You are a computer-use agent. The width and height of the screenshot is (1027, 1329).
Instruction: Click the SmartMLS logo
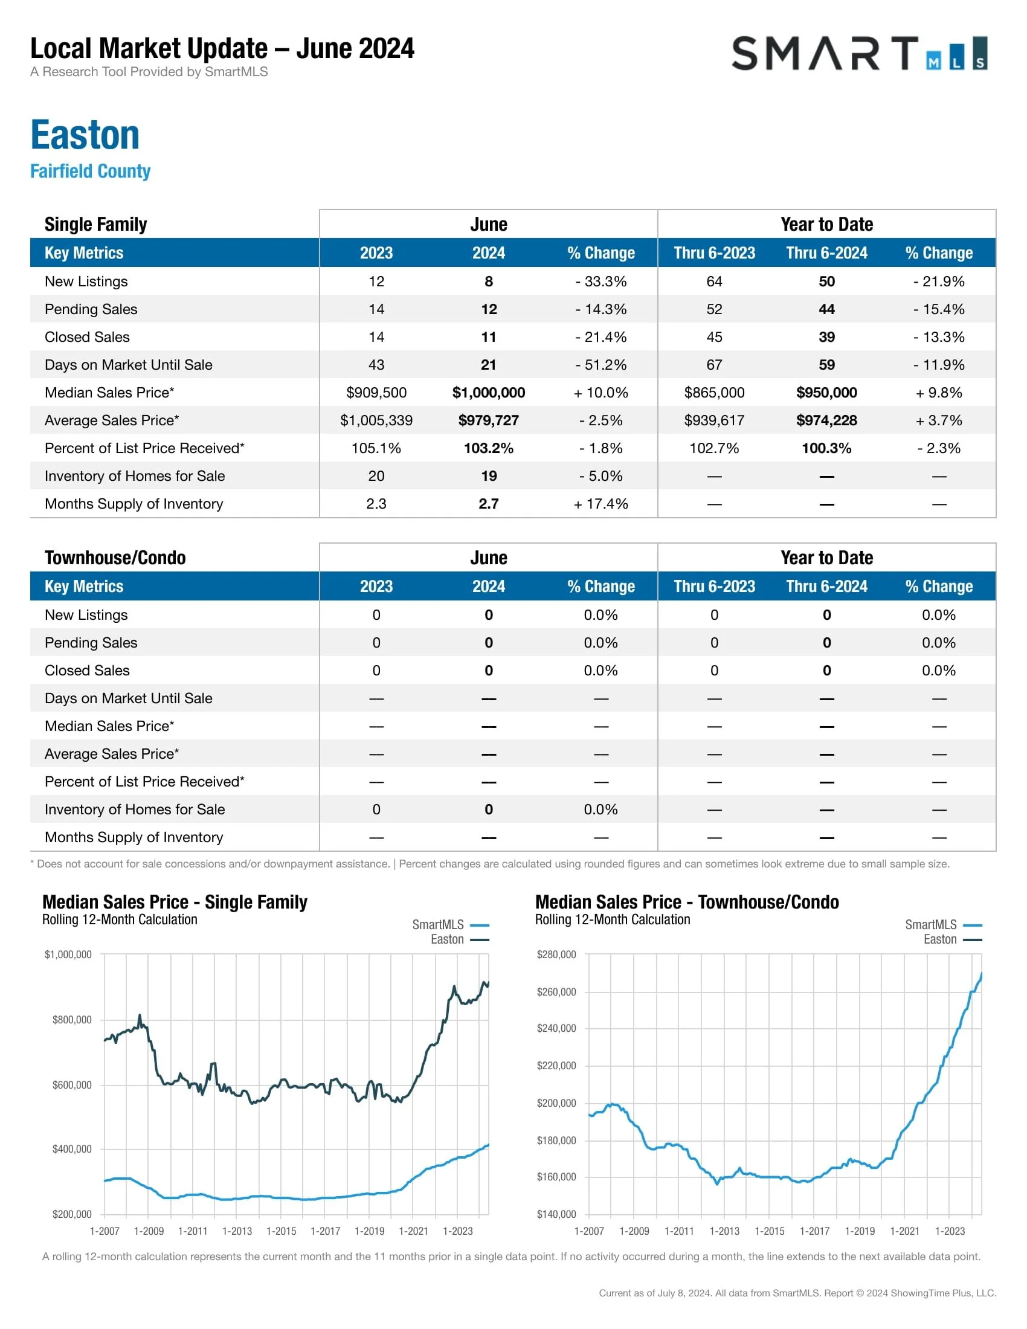click(858, 54)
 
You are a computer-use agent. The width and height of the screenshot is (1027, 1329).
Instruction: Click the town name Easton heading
click(85, 135)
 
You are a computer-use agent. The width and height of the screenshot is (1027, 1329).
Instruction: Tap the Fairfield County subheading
click(90, 171)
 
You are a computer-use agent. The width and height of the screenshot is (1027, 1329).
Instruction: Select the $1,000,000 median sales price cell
click(489, 393)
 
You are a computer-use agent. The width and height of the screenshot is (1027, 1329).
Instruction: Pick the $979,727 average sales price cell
click(489, 420)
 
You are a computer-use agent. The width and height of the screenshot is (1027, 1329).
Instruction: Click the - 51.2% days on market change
click(600, 365)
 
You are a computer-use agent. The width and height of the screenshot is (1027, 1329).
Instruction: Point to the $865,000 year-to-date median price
click(714, 393)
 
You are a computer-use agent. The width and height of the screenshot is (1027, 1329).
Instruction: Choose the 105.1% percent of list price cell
click(376, 448)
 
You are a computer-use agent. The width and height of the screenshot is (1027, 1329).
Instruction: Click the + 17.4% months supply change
click(600, 504)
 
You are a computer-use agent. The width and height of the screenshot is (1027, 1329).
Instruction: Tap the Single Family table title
click(95, 225)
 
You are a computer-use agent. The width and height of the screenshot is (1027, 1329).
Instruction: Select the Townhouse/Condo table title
click(115, 558)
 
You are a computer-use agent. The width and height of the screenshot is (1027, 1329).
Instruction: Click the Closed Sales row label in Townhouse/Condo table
click(87, 671)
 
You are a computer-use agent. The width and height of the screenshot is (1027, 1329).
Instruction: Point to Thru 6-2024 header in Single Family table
click(826, 253)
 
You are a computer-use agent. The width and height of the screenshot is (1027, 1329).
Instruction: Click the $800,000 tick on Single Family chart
click(72, 1020)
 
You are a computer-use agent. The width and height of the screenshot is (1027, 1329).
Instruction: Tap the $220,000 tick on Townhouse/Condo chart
click(556, 1066)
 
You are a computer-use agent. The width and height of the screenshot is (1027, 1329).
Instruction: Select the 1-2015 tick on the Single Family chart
click(281, 1231)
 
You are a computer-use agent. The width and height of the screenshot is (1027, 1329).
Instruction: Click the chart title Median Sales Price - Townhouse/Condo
click(686, 902)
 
